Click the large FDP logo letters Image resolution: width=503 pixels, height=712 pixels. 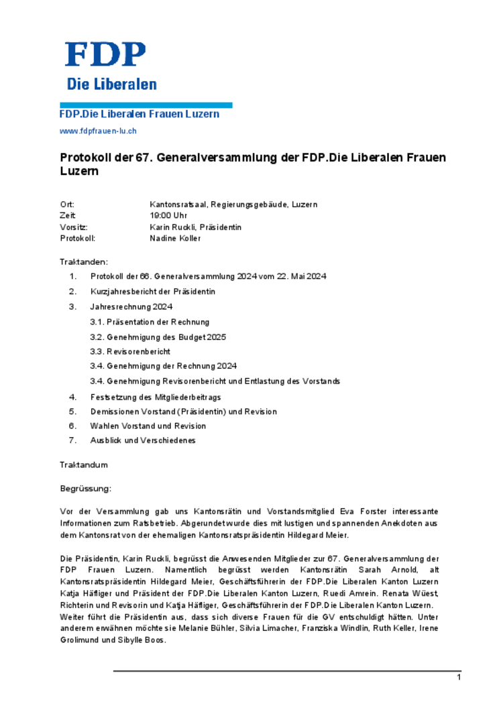coord(105,54)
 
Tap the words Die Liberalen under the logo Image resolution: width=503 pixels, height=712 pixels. coord(111,84)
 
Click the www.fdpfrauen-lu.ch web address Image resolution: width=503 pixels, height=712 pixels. coord(98,131)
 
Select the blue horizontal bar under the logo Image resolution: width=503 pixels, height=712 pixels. coord(146,105)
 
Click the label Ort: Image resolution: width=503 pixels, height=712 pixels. coord(67,204)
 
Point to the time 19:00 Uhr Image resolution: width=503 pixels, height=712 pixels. coord(168,216)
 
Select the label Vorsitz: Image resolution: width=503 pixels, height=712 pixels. coord(74,227)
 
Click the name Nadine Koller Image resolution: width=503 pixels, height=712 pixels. coord(175,238)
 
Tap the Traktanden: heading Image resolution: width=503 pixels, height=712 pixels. coord(83,262)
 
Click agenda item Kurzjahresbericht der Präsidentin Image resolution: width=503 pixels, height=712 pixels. coord(153,292)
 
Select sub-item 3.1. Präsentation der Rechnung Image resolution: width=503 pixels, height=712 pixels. coord(150,322)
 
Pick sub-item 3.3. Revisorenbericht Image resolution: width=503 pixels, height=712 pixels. coord(130,351)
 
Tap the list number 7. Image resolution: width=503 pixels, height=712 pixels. coord(72,440)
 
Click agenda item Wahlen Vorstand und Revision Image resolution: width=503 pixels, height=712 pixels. coord(148,426)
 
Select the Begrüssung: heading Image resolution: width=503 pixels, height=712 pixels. coord(86,489)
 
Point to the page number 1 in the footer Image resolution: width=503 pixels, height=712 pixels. coord(459,678)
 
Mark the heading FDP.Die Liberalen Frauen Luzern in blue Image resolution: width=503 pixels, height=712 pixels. coord(139,115)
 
